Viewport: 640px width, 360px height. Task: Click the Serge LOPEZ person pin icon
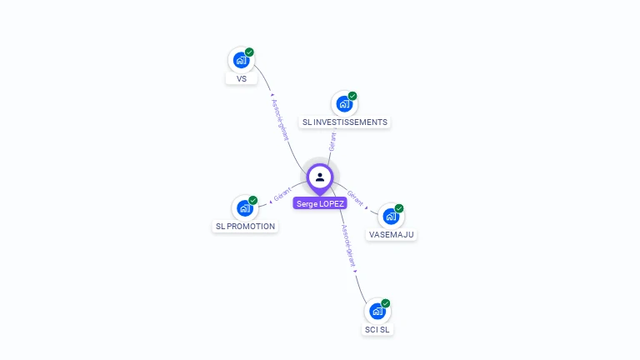(320, 177)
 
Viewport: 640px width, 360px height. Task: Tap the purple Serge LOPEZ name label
(320, 203)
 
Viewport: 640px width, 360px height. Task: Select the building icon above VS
(241, 60)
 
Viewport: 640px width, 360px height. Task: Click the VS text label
(242, 79)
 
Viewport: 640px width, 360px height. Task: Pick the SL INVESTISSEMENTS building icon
(344, 104)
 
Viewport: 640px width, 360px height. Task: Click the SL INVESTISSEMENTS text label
(344, 122)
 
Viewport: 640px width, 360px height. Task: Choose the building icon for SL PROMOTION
(245, 207)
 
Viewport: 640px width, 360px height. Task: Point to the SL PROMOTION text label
(245, 226)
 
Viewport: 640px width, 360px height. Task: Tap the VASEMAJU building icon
(391, 216)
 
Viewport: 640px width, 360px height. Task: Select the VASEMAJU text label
(391, 234)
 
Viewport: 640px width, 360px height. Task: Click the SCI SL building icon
(377, 311)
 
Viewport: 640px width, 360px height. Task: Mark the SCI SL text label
(377, 329)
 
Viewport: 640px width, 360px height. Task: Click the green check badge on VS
(249, 52)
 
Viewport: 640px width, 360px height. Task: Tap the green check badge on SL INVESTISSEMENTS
(352, 96)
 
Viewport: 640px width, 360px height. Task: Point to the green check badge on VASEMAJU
(399, 208)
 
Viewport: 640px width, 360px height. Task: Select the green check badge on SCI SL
(386, 303)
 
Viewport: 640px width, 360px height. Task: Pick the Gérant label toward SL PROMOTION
(282, 197)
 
